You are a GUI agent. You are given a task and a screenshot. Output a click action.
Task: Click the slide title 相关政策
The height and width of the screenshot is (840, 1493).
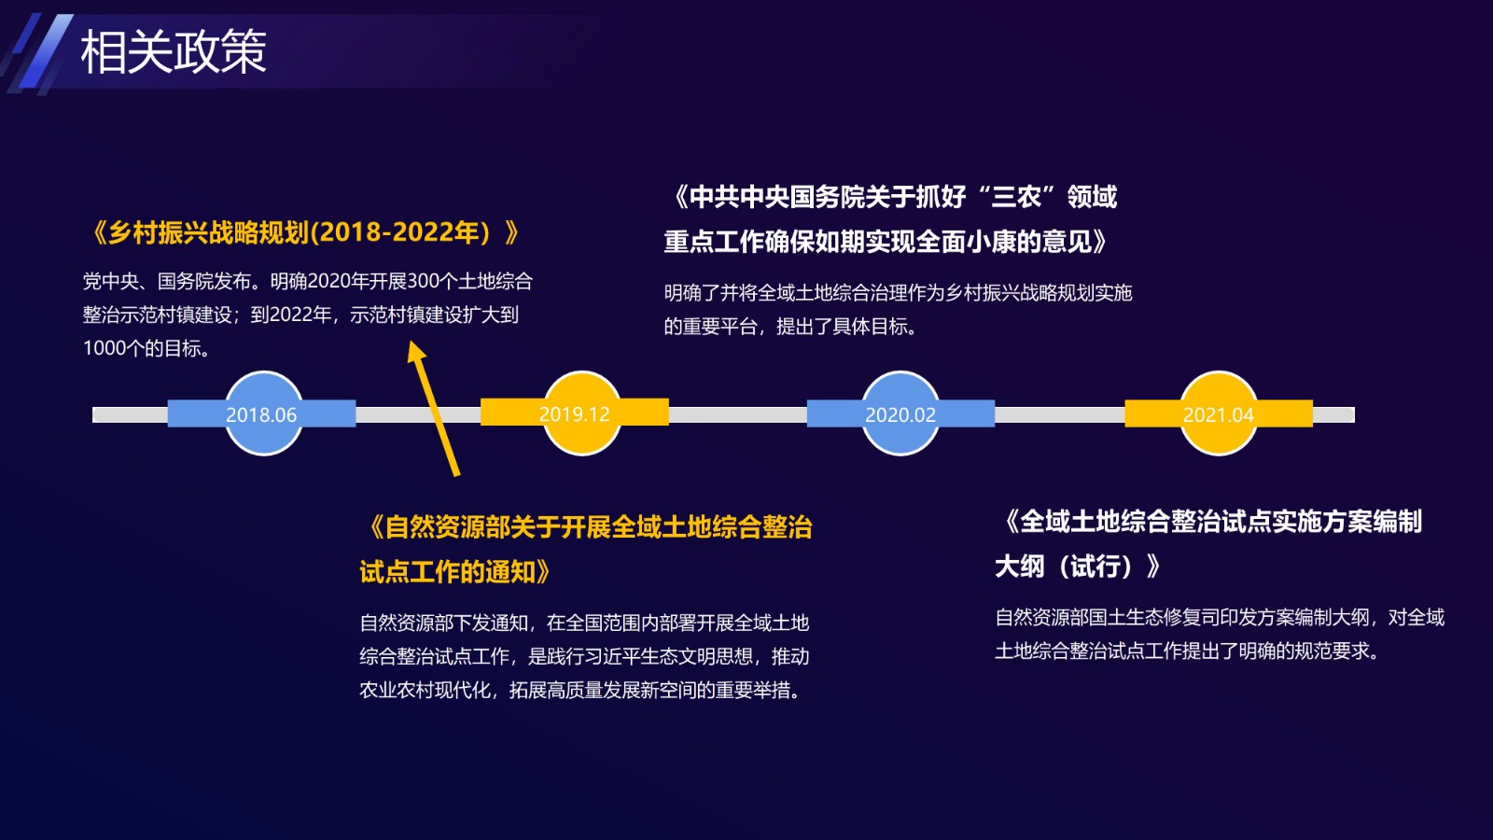(x=174, y=52)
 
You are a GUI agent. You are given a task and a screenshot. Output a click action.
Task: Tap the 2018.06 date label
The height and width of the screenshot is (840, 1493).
(x=261, y=414)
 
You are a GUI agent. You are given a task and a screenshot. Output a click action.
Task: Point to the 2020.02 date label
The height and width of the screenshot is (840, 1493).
(x=900, y=414)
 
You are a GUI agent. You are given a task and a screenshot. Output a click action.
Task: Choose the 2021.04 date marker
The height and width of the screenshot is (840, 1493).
(x=1219, y=413)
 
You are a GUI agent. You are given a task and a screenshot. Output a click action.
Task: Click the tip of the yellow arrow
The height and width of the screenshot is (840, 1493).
(x=410, y=342)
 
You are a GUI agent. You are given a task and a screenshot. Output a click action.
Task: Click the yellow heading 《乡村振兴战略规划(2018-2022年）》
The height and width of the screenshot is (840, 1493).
(x=304, y=232)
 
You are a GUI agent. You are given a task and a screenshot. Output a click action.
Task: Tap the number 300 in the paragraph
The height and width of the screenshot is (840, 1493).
(x=424, y=281)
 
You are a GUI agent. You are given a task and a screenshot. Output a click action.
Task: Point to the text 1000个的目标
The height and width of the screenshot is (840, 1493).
(x=143, y=348)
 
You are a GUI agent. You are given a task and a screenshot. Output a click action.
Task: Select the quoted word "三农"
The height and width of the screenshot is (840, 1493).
(x=1017, y=197)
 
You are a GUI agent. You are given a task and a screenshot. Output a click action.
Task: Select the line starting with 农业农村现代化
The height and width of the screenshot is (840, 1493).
(x=579, y=690)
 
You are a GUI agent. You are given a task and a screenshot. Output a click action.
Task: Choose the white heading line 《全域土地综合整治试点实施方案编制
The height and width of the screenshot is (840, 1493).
(x=1213, y=522)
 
